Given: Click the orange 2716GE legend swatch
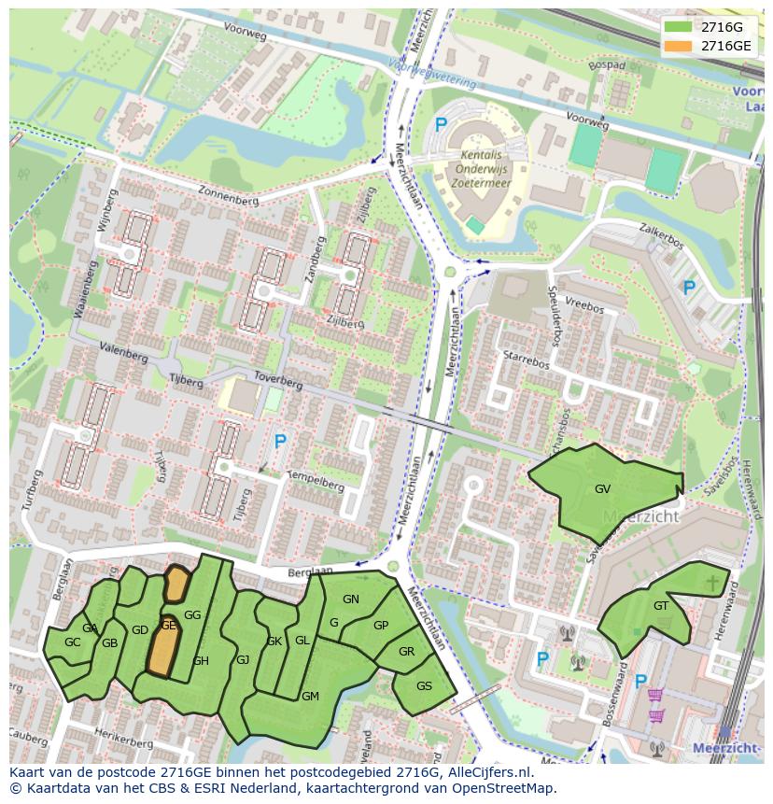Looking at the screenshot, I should [x=679, y=46].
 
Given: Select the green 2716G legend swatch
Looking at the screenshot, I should [x=679, y=27].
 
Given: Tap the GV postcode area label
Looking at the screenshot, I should [x=602, y=488].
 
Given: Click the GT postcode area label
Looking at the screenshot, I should [x=661, y=605].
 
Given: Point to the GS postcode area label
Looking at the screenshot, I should [x=424, y=685].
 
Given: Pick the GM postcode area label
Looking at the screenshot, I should [x=310, y=696].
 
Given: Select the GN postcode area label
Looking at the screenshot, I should [x=351, y=599].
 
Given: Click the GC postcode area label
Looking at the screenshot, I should [x=72, y=642].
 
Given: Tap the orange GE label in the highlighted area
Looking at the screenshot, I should [x=168, y=626].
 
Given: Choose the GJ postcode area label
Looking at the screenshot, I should [x=243, y=660].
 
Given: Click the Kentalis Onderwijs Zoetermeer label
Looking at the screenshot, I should [x=485, y=168].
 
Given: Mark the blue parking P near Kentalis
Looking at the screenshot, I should [x=442, y=125].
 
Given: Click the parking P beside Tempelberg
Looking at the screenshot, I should [x=279, y=440].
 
